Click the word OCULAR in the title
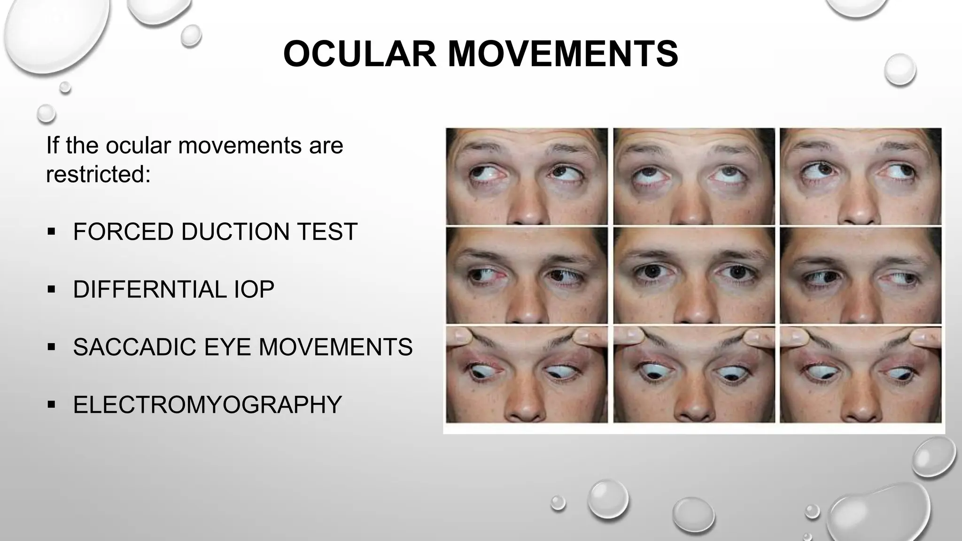coord(360,54)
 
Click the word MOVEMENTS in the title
coord(563,54)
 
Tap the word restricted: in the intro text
coord(98,174)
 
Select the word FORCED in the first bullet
coord(123,232)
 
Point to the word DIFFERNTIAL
coord(149,289)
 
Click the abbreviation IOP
coord(254,289)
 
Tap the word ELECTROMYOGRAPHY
coord(207,405)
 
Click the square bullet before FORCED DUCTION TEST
coord(52,232)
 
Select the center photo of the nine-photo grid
coord(694,276)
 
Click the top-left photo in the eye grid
coord(527,176)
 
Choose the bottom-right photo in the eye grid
coord(861,375)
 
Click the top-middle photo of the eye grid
coord(694,176)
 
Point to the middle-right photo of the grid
coord(861,276)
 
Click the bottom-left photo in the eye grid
coord(527,375)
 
